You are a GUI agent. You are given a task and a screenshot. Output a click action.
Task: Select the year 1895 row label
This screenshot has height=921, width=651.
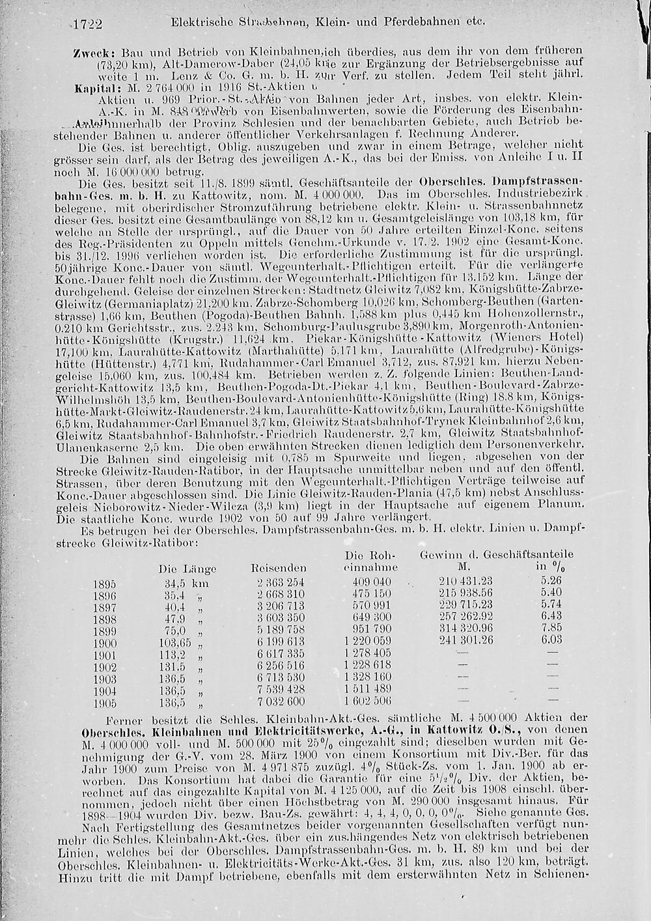[106, 582]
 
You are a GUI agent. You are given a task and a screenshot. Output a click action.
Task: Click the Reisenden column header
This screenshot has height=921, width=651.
[279, 569]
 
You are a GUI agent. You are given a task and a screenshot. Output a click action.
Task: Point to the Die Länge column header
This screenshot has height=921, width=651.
[187, 569]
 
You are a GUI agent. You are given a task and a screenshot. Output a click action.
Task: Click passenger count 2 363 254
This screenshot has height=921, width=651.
[281, 582]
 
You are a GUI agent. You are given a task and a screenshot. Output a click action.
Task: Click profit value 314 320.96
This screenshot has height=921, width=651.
[467, 630]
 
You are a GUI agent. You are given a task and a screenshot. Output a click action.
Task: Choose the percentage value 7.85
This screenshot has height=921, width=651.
[551, 630]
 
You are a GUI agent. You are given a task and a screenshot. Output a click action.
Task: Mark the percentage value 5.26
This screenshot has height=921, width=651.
[551, 582]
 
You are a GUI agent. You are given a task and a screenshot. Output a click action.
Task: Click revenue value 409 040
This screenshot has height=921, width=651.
[372, 582]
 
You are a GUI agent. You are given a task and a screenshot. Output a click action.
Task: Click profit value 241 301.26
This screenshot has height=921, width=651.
[467, 642]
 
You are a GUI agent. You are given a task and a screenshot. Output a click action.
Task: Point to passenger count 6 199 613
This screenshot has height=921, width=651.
[281, 642]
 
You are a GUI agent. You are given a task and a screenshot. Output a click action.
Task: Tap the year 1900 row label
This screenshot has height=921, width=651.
[106, 642]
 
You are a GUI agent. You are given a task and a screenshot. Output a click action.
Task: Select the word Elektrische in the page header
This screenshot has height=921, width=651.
[199, 21]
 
